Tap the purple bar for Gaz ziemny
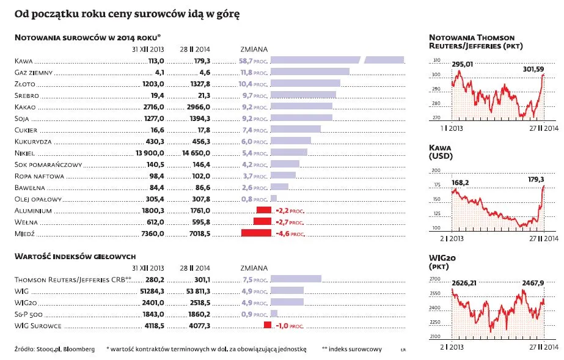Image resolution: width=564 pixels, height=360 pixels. coord(309,72)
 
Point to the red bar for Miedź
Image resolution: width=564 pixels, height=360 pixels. coord(256,233)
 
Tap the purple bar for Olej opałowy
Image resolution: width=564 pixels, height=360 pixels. coord(273,199)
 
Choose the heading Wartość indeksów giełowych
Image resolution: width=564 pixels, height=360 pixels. coord(75,257)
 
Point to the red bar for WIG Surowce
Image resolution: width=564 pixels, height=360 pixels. coord(267,325)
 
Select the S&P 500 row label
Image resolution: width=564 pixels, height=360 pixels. coord(30,314)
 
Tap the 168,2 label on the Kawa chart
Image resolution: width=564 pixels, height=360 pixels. coord(460,182)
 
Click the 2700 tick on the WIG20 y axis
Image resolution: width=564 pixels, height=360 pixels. coord(435,279)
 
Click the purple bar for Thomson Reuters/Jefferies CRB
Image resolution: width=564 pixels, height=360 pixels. coord(296,279)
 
